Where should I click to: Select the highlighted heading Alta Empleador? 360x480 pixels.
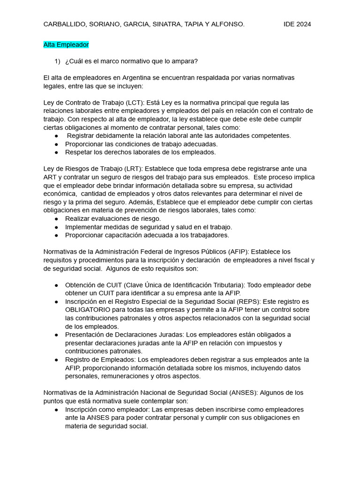[66, 45]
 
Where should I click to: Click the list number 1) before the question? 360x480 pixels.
[58, 61]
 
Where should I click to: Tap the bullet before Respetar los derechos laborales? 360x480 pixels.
[56, 152]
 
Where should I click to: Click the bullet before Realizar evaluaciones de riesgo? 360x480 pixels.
[56, 218]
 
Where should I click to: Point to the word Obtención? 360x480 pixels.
[81, 285]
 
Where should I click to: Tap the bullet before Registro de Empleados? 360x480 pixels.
[56, 360]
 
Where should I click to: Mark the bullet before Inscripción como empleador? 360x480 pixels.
[56, 409]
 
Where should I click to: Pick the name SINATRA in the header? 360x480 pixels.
[168, 24]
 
